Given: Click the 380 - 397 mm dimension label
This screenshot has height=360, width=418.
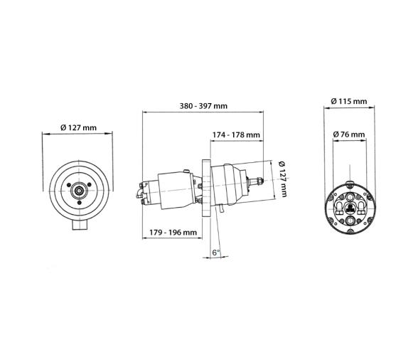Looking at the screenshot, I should (203, 106).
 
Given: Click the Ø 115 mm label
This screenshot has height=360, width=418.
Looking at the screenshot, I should (349, 101).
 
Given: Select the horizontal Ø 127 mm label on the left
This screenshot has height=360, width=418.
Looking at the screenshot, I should (78, 127).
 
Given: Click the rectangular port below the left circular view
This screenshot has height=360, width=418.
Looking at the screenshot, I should (79, 226).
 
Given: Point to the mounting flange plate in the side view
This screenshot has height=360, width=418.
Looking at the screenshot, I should (205, 189).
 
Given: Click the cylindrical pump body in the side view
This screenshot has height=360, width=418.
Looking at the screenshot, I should (171, 189).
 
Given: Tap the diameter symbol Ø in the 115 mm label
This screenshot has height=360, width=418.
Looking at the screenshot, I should (334, 101).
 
